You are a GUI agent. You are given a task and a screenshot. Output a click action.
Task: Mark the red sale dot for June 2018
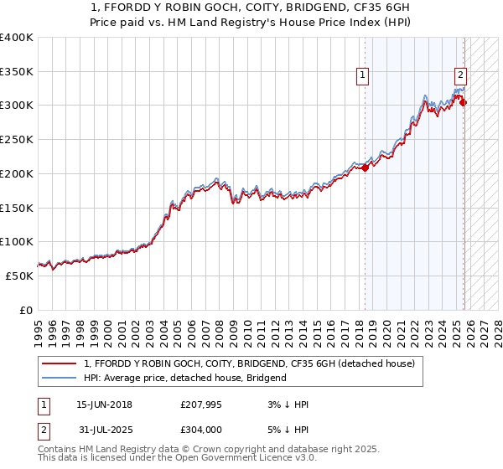366,168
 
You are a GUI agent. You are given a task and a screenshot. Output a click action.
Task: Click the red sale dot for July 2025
464,103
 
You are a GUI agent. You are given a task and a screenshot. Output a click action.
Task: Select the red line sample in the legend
60,363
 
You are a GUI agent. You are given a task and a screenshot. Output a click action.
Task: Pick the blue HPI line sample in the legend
60,379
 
